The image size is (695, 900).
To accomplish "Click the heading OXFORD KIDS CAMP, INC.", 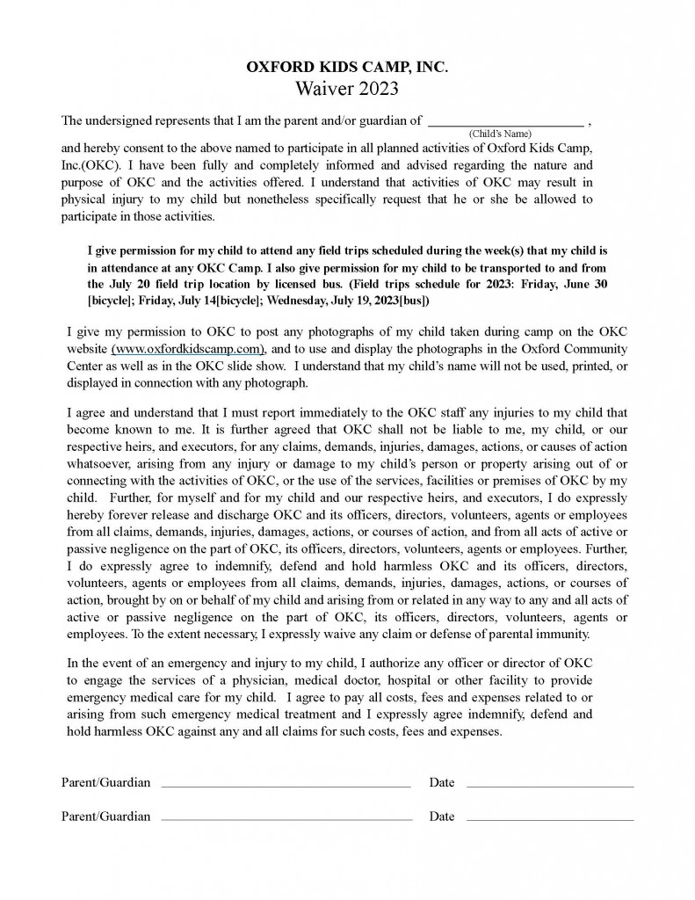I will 346,68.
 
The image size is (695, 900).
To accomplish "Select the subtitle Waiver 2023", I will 346,88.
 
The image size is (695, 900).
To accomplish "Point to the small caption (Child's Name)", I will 500,134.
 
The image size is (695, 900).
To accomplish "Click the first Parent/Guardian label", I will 105,782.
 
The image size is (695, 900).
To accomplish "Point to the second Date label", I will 442,817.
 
